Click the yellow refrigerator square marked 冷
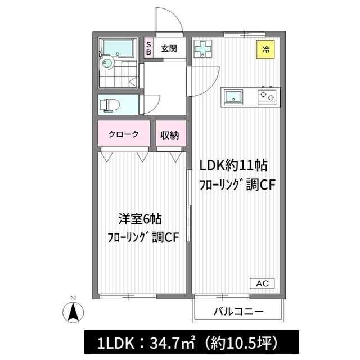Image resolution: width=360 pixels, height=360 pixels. (265, 49)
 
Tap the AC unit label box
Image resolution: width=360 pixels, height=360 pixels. (262, 283)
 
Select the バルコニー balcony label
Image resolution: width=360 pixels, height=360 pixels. (238, 312)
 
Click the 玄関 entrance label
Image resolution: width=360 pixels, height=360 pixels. (169, 49)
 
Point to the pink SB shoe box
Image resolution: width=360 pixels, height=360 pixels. (148, 48)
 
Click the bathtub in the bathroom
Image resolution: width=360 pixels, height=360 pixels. (118, 48)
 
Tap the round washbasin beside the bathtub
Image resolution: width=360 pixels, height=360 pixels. (107, 62)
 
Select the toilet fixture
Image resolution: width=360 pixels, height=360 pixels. (110, 105)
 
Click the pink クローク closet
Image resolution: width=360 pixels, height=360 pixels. (124, 133)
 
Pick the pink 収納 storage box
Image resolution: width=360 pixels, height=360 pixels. (171, 133)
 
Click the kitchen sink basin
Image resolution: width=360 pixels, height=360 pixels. (233, 96)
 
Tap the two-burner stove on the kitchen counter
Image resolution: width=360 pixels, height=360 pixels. (267, 96)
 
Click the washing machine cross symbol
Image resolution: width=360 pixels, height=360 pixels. (203, 49)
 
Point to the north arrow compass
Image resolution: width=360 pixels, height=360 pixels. (73, 312)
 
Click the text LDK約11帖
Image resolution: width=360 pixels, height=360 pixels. (233, 165)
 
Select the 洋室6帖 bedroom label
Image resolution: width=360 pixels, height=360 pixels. (140, 219)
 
